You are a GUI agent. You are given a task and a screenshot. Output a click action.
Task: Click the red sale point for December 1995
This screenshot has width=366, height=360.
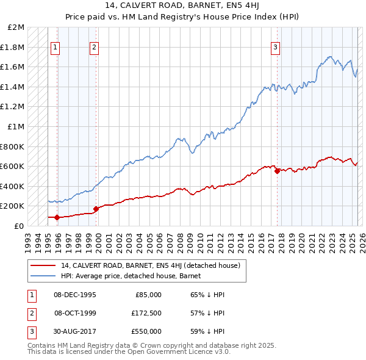pos(57,217)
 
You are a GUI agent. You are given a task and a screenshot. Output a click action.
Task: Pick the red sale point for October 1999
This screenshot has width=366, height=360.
pos(96,209)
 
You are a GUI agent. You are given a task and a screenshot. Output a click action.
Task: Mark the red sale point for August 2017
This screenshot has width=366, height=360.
pos(277,171)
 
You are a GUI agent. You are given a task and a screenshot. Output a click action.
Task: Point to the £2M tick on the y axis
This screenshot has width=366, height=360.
pos(16,27)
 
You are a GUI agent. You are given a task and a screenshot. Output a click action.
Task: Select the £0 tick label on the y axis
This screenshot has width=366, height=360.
pos(19,226)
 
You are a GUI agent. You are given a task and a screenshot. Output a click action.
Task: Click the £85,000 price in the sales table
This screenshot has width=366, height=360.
pos(148,295)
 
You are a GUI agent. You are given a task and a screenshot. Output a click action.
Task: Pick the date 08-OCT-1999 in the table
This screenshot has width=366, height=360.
pos(75,313)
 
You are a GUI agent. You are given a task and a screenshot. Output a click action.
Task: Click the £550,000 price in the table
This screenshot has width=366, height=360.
pos(146,331)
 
